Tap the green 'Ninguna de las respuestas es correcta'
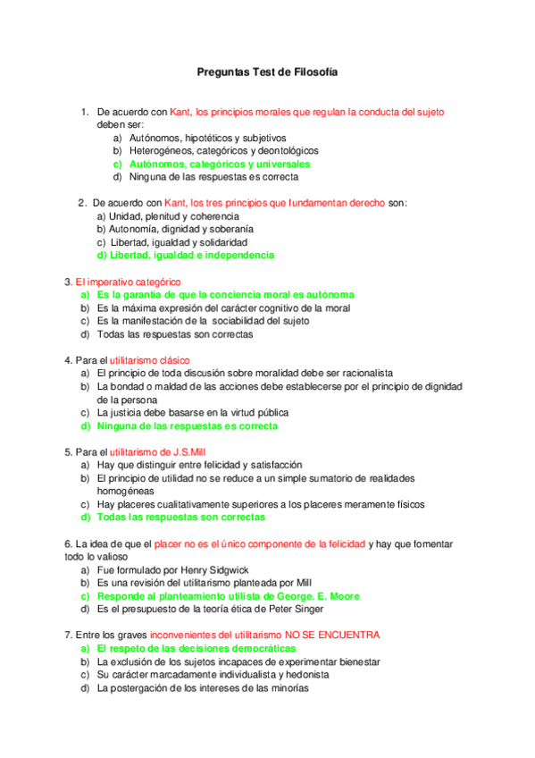[187, 426]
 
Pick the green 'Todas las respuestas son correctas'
[180, 517]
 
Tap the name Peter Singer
[288, 609]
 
